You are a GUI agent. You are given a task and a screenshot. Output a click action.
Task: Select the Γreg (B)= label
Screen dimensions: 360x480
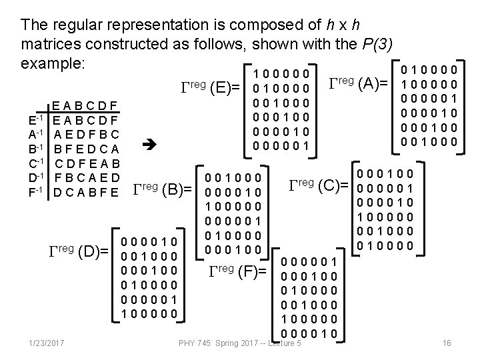(163, 191)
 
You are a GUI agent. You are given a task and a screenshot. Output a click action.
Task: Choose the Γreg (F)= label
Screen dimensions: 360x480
(237, 271)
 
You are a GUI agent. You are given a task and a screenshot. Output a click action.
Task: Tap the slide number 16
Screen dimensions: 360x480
(447, 343)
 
